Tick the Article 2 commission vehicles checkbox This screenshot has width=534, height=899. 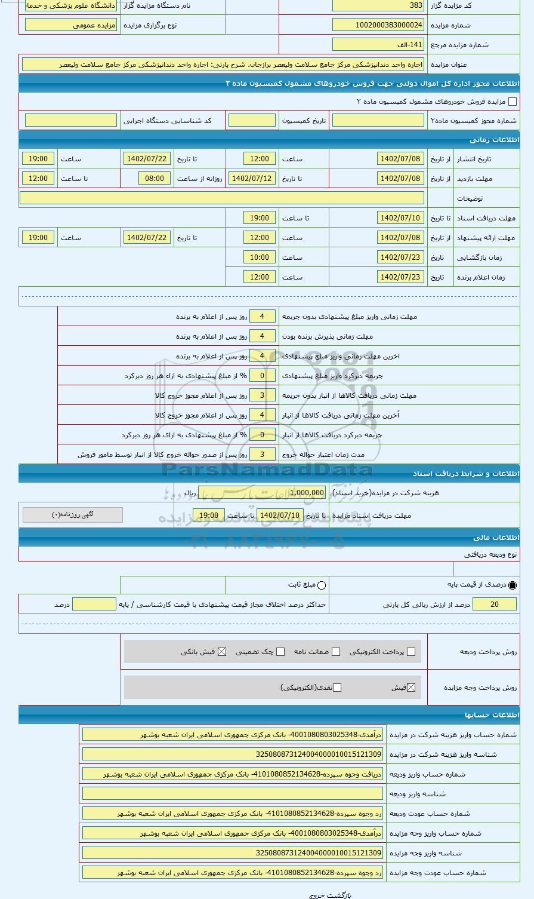[512, 102]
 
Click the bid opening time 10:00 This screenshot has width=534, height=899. [260, 257]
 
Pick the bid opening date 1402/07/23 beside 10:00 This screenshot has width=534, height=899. [400, 257]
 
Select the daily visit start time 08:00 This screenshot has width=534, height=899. [155, 179]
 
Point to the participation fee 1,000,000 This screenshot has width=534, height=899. [298, 493]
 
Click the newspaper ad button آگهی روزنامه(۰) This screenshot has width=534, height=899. [73, 515]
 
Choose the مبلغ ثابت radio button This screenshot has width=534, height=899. [322, 585]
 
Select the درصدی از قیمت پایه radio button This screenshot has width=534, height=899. [513, 585]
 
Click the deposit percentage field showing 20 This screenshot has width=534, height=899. [494, 605]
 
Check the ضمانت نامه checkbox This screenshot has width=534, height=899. [337, 652]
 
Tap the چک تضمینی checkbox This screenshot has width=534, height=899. [280, 652]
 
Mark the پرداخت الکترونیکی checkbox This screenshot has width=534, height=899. [411, 652]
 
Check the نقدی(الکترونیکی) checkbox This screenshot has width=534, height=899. [337, 688]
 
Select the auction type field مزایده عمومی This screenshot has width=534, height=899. [71, 25]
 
